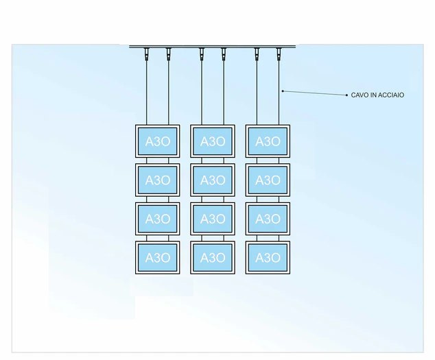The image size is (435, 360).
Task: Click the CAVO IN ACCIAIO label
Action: (377, 95)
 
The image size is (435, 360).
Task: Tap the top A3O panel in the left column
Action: (157, 141)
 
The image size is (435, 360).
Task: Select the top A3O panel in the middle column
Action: (213, 141)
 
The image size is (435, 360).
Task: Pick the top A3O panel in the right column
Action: (268, 141)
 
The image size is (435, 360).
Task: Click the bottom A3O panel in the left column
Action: (157, 258)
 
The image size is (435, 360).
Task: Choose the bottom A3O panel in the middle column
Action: (213, 258)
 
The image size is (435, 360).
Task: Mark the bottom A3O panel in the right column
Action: (268, 258)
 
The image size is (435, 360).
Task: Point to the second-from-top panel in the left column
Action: (157, 180)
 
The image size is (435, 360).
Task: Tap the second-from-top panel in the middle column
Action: (213, 180)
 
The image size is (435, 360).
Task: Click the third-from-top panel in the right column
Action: (268, 219)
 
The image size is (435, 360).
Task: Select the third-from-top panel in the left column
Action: (157, 219)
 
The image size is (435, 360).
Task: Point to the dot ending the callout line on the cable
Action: (282, 91)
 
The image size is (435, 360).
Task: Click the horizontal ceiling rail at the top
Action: (213, 46)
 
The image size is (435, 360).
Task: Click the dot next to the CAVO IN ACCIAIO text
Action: (345, 95)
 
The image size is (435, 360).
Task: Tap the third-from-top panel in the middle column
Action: (213, 219)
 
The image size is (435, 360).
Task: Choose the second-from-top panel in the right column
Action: (268, 180)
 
